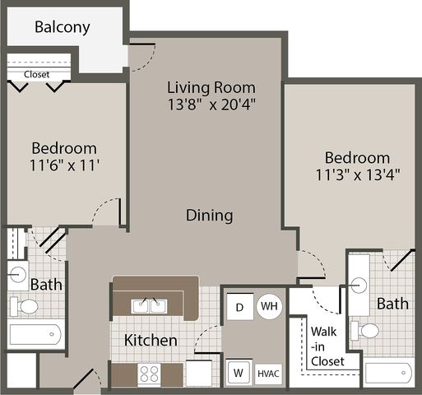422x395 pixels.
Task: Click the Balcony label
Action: [x=63, y=27]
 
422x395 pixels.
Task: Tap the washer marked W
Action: [x=239, y=372]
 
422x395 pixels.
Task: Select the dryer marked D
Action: [x=240, y=307]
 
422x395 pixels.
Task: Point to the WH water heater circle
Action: [x=269, y=306]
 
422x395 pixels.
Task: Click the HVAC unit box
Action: [x=268, y=374]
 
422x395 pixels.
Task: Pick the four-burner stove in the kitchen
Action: [x=149, y=374]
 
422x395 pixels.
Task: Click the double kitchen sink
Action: [x=149, y=306]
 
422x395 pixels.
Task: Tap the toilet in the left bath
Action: [x=24, y=306]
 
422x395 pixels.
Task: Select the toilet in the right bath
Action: [x=365, y=331]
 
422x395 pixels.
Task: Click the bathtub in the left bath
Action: [x=35, y=334]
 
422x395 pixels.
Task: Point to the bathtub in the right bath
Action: [x=388, y=373]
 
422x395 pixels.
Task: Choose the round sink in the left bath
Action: [x=17, y=275]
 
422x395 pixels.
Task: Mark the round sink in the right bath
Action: [x=359, y=286]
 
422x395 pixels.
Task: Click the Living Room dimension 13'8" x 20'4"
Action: [x=211, y=105]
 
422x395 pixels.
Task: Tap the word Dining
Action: [x=210, y=216]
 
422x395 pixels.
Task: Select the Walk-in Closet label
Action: [x=327, y=346]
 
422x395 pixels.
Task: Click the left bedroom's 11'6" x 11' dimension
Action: [x=64, y=165]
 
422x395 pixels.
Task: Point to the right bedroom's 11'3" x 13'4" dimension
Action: [x=358, y=174]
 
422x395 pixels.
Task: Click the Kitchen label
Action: [x=151, y=340]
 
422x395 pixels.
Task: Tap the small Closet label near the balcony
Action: [x=36, y=74]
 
